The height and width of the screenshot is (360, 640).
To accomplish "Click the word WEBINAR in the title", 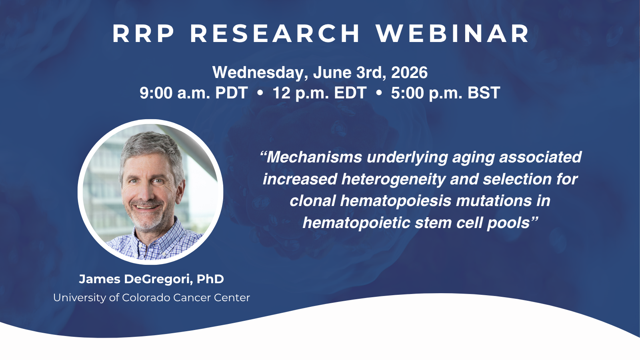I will tap(453, 34).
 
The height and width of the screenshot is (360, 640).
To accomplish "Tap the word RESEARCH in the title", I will tap(275, 34).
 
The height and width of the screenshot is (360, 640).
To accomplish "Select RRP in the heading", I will tap(144, 34).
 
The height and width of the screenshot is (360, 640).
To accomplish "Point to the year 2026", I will tap(409, 73).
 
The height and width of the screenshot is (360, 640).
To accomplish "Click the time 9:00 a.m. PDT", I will tap(194, 93).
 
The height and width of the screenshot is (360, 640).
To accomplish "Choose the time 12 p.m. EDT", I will tap(319, 93).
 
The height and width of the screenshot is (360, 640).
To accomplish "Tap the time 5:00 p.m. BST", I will tap(445, 93).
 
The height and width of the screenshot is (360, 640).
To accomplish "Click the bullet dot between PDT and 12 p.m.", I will tap(260, 93).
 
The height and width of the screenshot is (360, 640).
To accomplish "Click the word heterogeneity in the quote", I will tap(393, 179).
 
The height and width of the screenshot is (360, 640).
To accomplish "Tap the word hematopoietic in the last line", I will tap(356, 223).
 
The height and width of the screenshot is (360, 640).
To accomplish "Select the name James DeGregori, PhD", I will tap(151, 279).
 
